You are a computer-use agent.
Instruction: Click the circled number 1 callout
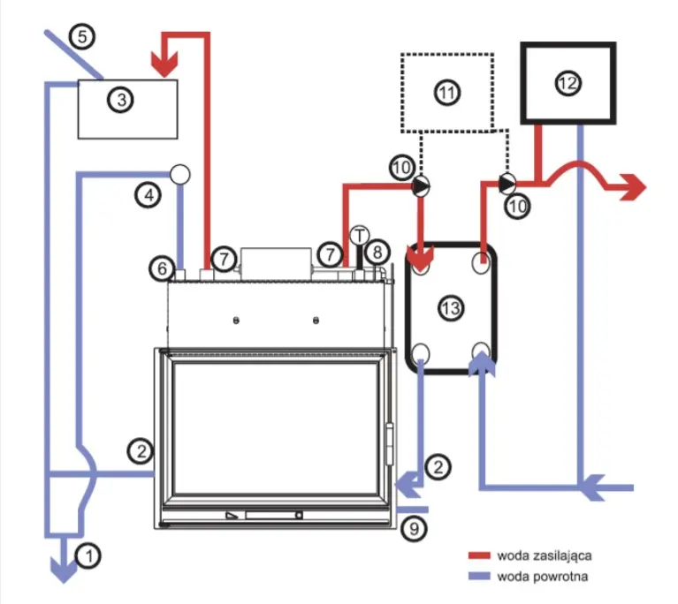pos(88,555)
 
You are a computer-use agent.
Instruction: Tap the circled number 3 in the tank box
pos(121,101)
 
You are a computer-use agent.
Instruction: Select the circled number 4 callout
pos(149,195)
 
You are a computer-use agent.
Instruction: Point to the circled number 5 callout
pos(82,36)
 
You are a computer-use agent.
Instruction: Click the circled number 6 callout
pos(162,268)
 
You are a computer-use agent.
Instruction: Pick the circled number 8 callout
pos(377,252)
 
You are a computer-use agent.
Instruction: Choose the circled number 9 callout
pos(414,528)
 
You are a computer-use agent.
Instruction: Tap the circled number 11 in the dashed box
pos(446,92)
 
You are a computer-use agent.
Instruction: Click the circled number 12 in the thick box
pos(568,82)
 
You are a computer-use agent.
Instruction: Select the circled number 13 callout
pos(451,308)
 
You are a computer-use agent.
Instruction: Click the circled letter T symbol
pos(359,236)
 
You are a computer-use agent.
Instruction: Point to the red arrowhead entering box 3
pos(164,64)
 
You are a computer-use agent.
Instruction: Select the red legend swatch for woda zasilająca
pos(479,555)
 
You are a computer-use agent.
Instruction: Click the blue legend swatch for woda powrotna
pos(479,576)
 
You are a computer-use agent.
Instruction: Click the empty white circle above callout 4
pos(179,174)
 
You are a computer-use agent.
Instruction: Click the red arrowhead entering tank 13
pos(420,258)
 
